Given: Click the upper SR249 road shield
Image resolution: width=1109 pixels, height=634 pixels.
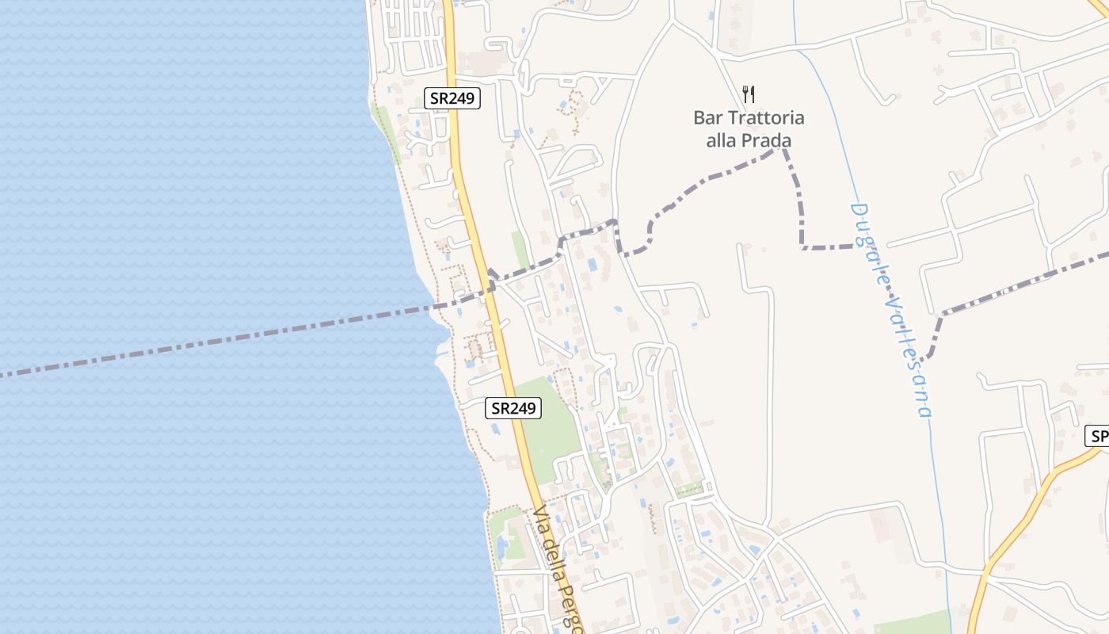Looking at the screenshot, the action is click(452, 98).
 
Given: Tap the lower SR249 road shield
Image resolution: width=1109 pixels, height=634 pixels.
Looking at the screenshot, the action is click(513, 408).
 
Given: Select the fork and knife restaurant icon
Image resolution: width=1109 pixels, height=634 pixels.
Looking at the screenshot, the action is click(749, 94).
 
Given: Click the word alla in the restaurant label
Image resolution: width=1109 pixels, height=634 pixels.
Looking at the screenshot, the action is click(724, 141).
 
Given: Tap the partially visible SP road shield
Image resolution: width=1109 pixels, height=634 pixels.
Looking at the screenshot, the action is click(1098, 436).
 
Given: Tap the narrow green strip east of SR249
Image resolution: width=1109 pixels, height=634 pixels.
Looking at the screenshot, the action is click(520, 250).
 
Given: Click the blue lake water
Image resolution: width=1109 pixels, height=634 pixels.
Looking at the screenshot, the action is click(198, 198).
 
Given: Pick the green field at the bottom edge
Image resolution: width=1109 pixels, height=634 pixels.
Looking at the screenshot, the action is click(911, 623).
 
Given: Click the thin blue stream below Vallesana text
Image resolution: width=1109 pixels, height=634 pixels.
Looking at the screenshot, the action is click(943, 515).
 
